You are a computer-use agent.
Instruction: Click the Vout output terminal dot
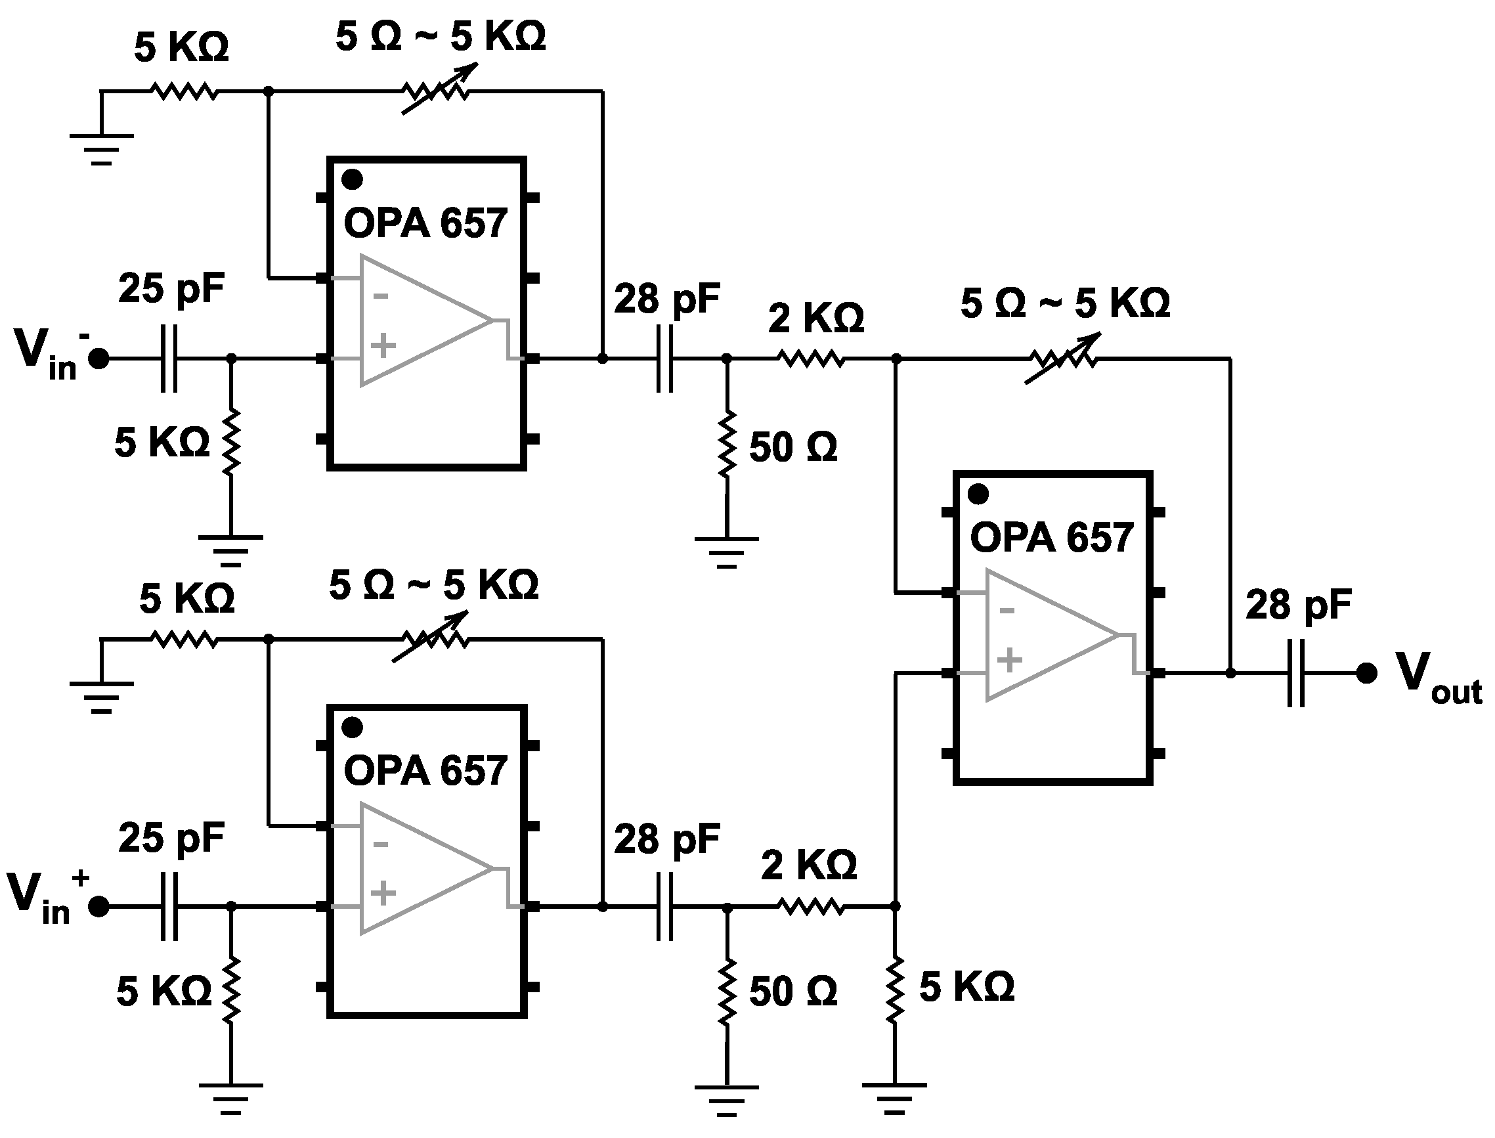[x=1366, y=672]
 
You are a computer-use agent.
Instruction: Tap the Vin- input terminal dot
[x=99, y=359]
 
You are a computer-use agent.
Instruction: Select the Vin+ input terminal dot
[x=99, y=906]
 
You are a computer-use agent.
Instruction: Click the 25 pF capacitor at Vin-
[x=169, y=359]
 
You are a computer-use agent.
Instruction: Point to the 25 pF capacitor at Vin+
[x=169, y=906]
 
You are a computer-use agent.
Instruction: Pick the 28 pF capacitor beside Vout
[x=1296, y=672]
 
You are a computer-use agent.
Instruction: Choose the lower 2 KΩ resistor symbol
[x=810, y=906]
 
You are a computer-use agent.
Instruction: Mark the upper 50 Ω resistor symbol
[x=727, y=444]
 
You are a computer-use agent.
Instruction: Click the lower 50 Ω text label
[x=793, y=992]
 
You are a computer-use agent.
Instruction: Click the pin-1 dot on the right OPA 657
[x=978, y=494]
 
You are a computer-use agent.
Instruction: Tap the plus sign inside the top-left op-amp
[x=383, y=345]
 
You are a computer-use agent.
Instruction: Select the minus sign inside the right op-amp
[x=1007, y=611]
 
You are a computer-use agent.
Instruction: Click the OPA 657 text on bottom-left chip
[x=425, y=771]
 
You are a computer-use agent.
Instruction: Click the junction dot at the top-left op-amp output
[x=602, y=359]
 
